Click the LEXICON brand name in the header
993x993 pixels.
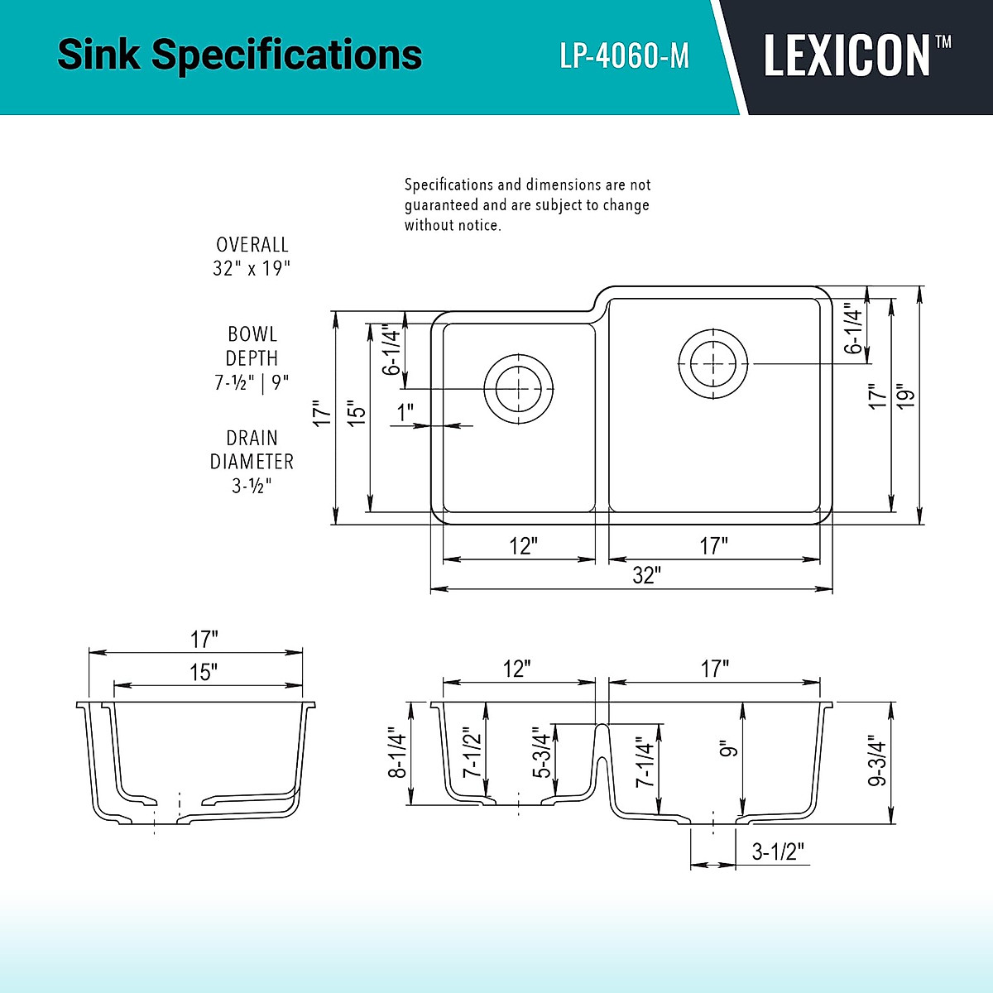point(847,56)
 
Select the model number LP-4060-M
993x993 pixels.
point(624,56)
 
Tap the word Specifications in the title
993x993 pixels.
point(287,55)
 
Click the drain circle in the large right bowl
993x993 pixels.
point(712,362)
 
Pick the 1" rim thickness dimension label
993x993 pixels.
point(405,412)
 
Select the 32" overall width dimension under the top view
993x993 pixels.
point(645,575)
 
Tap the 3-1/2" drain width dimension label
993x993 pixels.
point(777,851)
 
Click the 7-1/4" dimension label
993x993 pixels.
point(645,762)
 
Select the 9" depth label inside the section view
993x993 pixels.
point(728,749)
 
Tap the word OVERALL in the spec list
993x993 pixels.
point(252,245)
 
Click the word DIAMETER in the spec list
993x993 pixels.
point(252,462)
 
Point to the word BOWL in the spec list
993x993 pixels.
point(252,334)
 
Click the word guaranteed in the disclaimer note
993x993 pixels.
point(441,204)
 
